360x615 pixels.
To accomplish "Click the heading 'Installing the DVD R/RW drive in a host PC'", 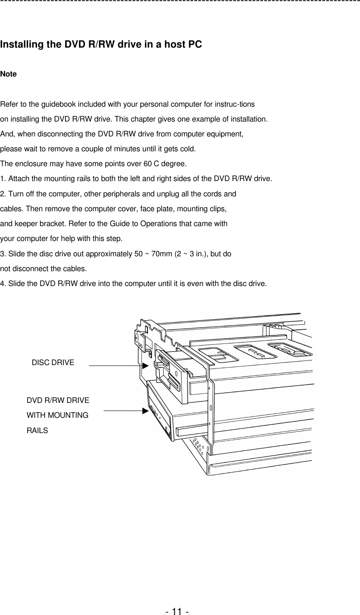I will (101, 45).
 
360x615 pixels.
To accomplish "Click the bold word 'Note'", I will (9, 74).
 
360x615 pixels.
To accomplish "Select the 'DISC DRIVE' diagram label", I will (53, 363).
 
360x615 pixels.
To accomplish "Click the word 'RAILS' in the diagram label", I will (37, 431).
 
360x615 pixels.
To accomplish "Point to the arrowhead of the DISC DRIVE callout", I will (145, 365).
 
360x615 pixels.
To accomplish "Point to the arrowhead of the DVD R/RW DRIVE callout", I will (145, 411).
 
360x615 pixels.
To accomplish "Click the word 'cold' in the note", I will (187, 149).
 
